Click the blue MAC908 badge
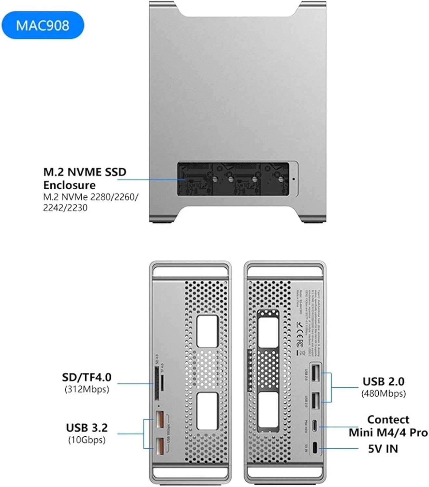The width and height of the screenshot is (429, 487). pyautogui.click(x=43, y=25)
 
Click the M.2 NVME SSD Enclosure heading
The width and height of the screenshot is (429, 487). pyautogui.click(x=85, y=178)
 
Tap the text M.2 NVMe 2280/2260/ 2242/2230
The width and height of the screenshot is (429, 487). pyautogui.click(x=91, y=202)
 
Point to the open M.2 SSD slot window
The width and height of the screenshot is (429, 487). pyautogui.click(x=233, y=179)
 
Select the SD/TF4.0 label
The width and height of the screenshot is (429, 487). pyautogui.click(x=87, y=377)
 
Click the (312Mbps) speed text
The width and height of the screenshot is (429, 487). pyautogui.click(x=87, y=389)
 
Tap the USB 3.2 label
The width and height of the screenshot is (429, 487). pyautogui.click(x=87, y=428)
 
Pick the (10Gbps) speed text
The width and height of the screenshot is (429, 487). pyautogui.click(x=87, y=440)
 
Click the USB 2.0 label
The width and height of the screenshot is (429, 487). pyautogui.click(x=383, y=381)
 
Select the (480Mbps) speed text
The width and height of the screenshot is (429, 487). pyautogui.click(x=383, y=393)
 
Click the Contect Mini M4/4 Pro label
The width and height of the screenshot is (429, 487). pyautogui.click(x=388, y=426)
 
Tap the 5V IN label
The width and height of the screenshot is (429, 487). pyautogui.click(x=383, y=449)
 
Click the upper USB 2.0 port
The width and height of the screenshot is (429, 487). pyautogui.click(x=315, y=373)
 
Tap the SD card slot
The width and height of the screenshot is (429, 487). pyautogui.click(x=157, y=383)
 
